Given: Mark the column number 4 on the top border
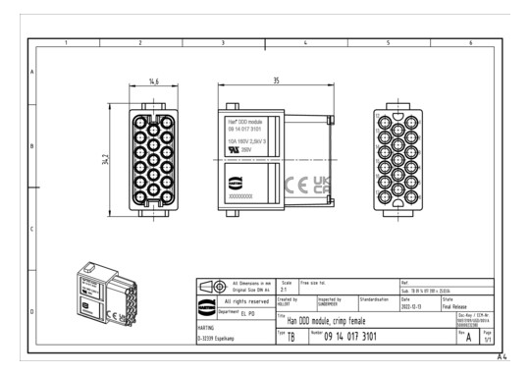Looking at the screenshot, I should [x=306, y=44].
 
